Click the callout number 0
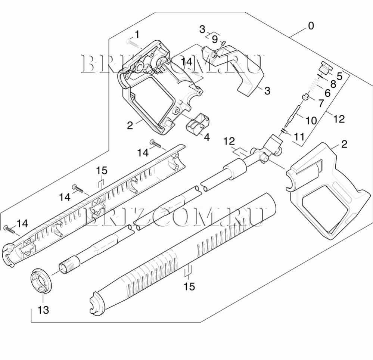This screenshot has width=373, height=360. [x=311, y=26]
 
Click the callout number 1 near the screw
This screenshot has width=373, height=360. [x=137, y=34]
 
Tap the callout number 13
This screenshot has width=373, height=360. [x=44, y=310]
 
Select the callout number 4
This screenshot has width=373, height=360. [x=207, y=137]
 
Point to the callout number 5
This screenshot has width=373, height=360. [x=339, y=76]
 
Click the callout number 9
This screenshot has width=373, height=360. [x=215, y=40]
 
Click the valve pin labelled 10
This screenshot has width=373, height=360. [x=292, y=117]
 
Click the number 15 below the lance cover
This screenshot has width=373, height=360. [x=189, y=286]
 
